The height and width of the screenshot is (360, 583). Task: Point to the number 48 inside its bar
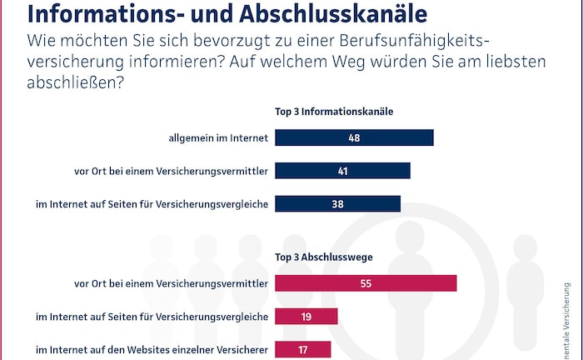pyautogui.click(x=354, y=137)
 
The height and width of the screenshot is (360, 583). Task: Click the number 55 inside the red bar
pyautogui.click(x=366, y=283)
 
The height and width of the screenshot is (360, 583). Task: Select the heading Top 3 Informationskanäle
pyautogui.click(x=334, y=111)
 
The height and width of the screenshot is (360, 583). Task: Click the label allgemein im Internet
pyautogui.click(x=217, y=138)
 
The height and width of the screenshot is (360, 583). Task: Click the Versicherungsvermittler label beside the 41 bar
pyautogui.click(x=172, y=172)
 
